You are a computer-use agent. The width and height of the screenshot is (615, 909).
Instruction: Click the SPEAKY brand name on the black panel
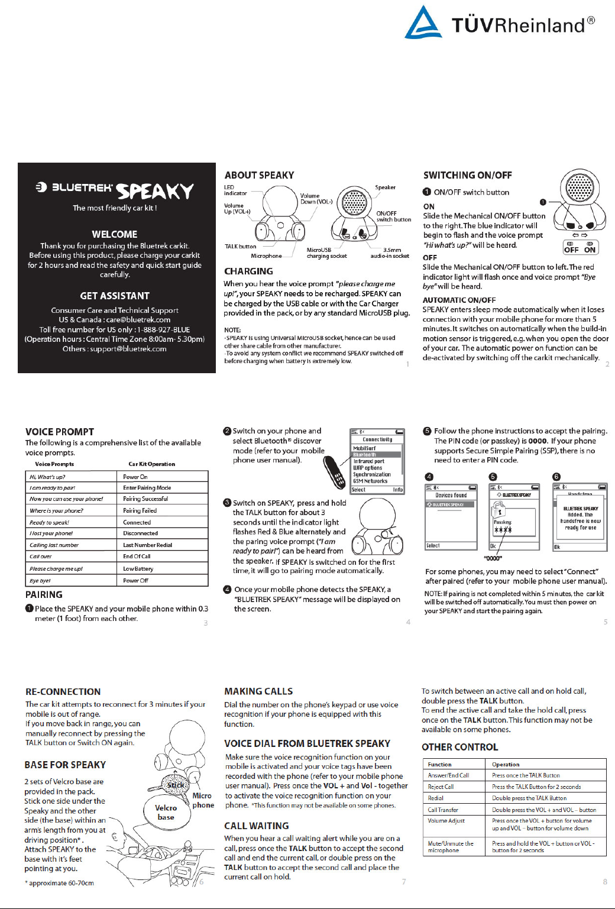point(155,191)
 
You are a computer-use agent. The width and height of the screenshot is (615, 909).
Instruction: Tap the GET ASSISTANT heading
point(115,296)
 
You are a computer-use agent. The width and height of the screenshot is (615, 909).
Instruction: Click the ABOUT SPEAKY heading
point(259,175)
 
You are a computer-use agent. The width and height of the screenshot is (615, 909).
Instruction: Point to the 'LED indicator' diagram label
point(235,190)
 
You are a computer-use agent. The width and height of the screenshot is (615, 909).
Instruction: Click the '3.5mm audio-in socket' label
point(390,253)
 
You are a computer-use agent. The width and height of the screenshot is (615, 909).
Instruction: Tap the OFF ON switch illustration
point(580,247)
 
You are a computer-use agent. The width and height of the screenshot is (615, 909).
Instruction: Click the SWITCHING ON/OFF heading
point(467,175)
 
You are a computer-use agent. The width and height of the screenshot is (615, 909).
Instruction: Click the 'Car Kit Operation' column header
point(151,464)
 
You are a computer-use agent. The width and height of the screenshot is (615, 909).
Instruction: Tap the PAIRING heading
point(44,594)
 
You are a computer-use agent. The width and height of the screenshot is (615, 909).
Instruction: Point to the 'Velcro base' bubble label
point(166,812)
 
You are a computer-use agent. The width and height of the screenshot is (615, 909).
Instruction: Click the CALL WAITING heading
point(256,826)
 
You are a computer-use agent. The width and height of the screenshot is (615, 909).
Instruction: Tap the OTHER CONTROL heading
point(459,747)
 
